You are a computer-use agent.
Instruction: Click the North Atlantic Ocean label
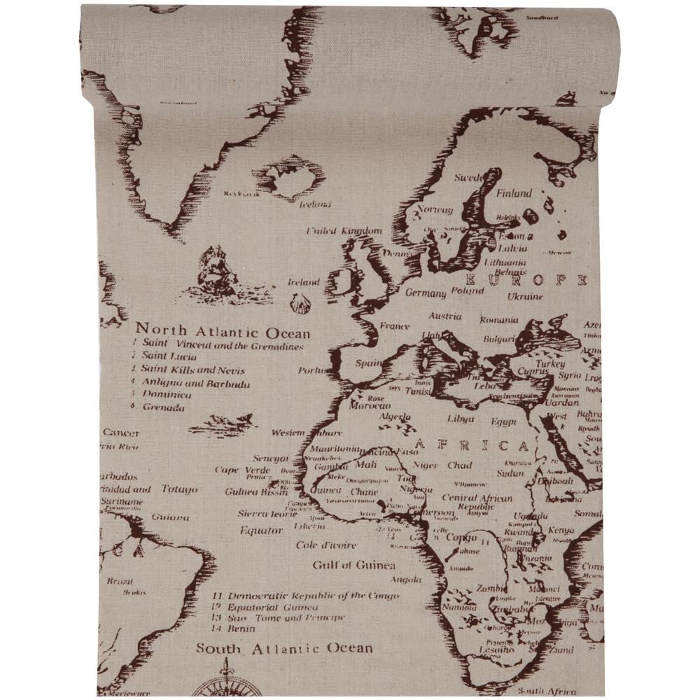[x=223, y=330]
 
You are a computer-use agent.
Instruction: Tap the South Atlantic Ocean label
[x=284, y=648]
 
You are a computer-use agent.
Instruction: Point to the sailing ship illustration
[x=214, y=273]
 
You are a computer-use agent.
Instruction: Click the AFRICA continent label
[x=472, y=445]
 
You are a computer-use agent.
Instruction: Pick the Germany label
[x=425, y=293]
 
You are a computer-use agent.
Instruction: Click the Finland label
[x=514, y=193]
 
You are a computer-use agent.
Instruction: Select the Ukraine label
[x=525, y=297]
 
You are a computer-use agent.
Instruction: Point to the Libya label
[x=461, y=419]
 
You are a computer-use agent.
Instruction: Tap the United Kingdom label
[x=344, y=231]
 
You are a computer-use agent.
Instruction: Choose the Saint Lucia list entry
[x=170, y=357]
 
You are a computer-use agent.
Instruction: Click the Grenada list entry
[x=164, y=407]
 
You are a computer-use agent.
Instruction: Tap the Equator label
[x=261, y=530]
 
